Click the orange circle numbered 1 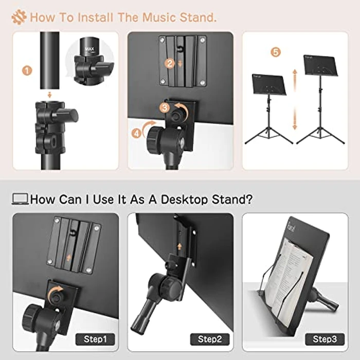click(x=27, y=70)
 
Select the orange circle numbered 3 click(x=164, y=108)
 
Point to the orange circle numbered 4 click(x=136, y=133)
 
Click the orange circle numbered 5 click(x=276, y=52)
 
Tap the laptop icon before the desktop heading click(x=20, y=199)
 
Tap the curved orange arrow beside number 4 click(x=148, y=125)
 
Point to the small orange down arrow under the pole click(x=48, y=94)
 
